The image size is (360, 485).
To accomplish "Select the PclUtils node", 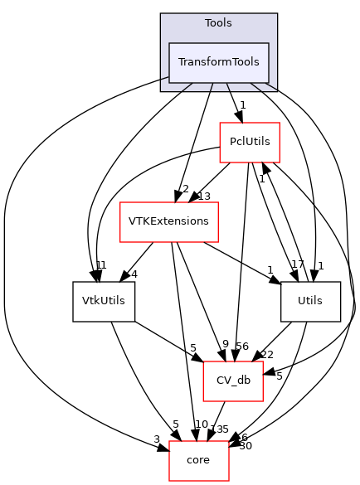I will click(x=249, y=142).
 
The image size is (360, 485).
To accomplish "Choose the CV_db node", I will click(x=233, y=381).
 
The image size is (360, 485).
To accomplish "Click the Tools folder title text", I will click(x=219, y=23).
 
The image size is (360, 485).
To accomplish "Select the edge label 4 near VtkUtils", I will click(x=134, y=275).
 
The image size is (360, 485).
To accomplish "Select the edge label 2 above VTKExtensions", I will click(x=184, y=188).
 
